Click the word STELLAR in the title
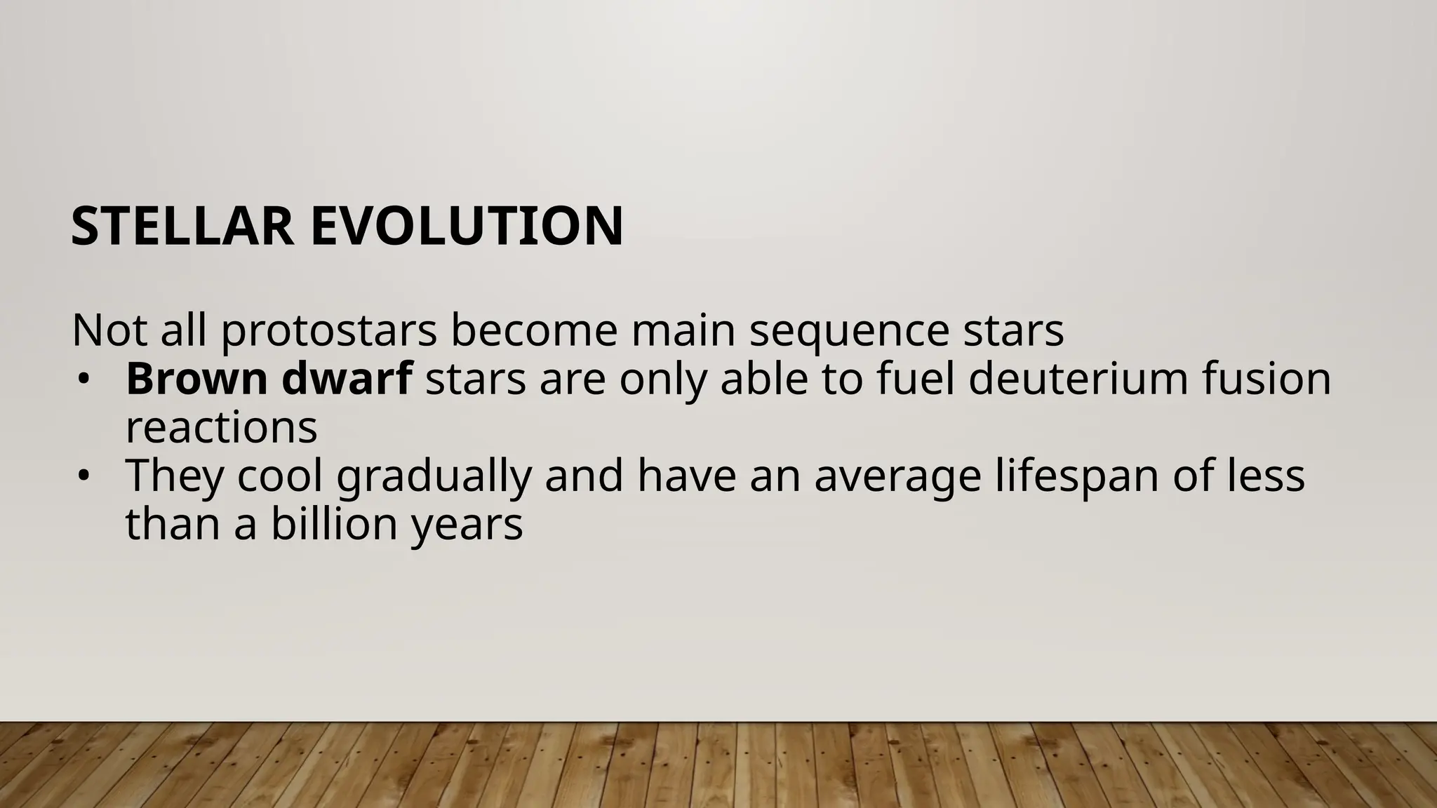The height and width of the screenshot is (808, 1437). [x=182, y=227]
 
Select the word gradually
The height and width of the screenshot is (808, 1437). [x=434, y=477]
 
